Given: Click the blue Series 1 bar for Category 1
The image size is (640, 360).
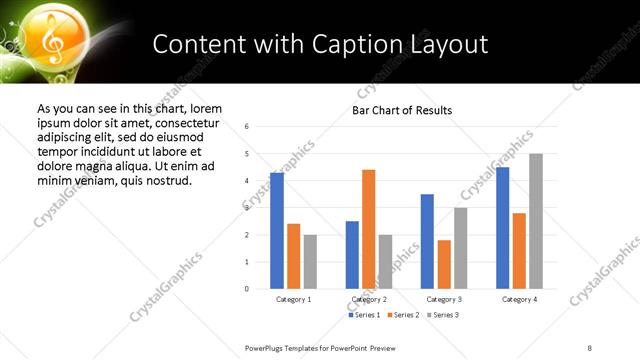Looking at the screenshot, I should [277, 231].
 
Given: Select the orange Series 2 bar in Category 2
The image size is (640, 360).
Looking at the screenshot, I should [368, 229].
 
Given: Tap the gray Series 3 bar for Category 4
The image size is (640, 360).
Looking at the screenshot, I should [536, 221].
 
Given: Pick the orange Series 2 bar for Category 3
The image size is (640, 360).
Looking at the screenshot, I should [444, 264].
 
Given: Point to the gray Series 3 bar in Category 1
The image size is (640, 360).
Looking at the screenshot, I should [310, 262].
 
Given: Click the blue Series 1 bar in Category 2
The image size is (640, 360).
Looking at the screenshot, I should [352, 255].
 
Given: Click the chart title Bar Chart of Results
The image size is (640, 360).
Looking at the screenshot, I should [402, 110].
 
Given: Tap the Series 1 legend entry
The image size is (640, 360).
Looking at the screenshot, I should [364, 315].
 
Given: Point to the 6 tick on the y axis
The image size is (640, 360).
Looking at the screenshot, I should [246, 126].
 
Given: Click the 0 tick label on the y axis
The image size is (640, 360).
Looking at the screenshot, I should [246, 289].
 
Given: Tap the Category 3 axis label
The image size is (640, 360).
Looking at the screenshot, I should [444, 299].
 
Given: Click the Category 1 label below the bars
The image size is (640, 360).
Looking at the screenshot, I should [293, 299].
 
